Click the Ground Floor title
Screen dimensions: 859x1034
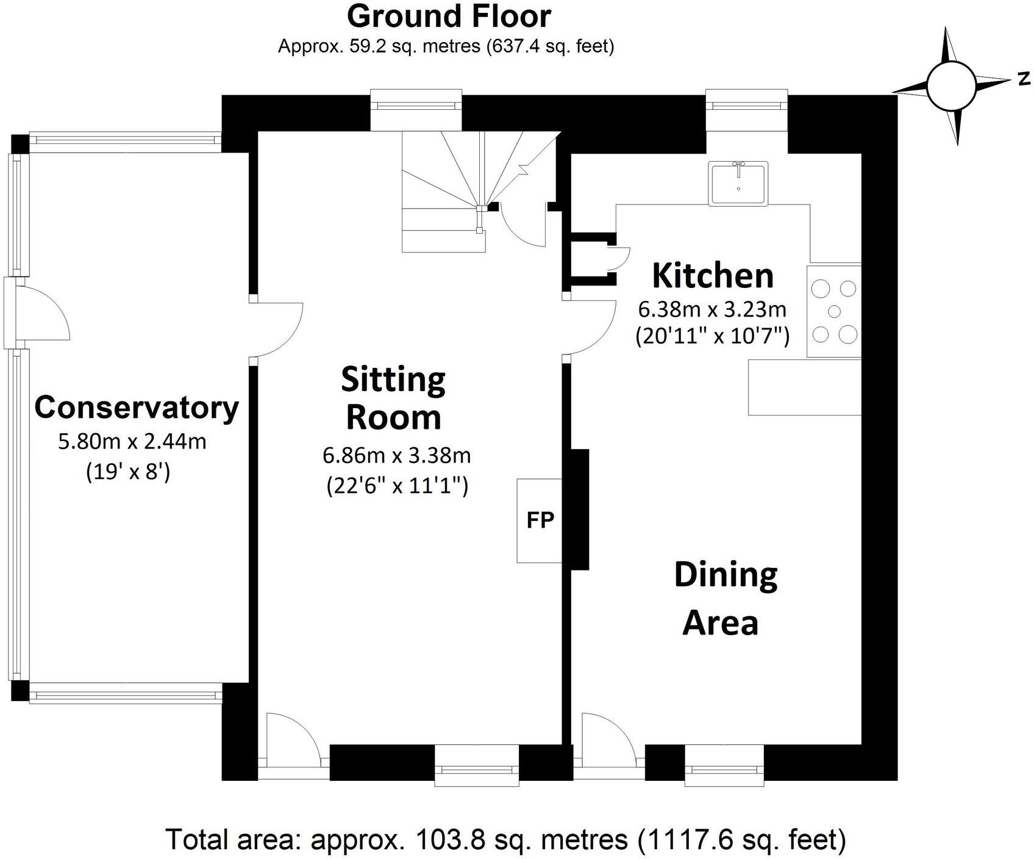[449, 16]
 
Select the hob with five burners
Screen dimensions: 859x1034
[834, 311]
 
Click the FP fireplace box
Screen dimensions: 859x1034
[539, 520]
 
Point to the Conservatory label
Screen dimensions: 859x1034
[137, 407]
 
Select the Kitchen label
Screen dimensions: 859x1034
[712, 275]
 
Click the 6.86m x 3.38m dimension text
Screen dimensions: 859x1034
[396, 455]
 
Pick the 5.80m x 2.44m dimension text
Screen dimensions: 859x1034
[132, 440]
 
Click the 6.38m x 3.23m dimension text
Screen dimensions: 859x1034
[711, 310]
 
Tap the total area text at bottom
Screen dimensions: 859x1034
[505, 839]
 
